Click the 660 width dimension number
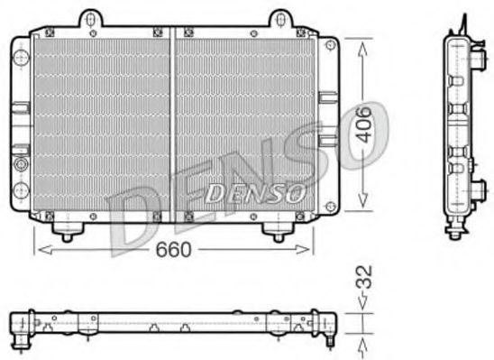coord(172,250)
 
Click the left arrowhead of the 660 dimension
coord(38,250)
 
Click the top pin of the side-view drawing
coord(464,20)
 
